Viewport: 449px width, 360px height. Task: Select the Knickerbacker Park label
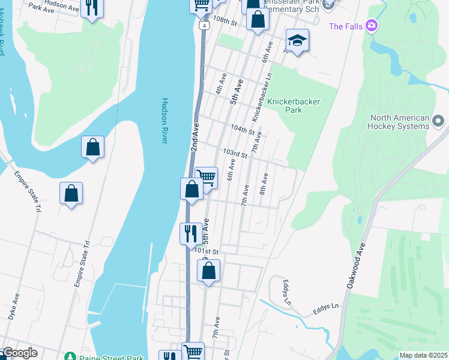click(294, 106)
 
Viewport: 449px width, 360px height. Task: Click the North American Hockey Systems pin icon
click(438, 122)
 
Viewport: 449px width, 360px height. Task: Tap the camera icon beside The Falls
click(372, 26)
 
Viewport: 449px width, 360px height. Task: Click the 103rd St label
click(235, 154)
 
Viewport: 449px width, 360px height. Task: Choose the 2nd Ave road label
click(194, 138)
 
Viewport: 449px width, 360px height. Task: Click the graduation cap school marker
click(297, 40)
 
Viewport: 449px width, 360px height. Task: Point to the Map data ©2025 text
click(423, 355)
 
